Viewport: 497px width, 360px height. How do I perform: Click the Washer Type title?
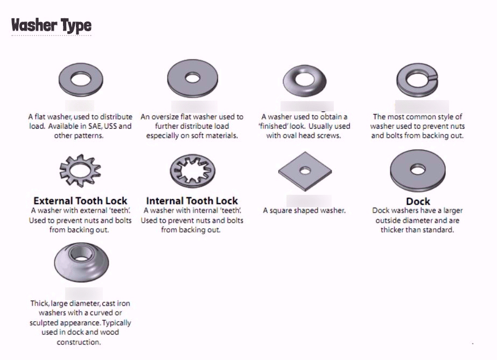tap(51, 25)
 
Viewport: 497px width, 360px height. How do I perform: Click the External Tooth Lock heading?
tap(80, 201)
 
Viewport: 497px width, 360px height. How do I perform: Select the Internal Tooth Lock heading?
tap(192, 201)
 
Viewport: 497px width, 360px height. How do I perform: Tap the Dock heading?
tap(418, 201)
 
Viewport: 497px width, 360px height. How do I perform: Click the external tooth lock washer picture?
tap(80, 170)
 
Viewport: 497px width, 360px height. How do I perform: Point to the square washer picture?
tap(305, 171)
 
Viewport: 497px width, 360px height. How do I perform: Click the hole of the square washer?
tap(305, 171)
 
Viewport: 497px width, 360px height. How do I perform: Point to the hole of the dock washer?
tap(417, 170)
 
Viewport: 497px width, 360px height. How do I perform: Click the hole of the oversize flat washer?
tap(192, 77)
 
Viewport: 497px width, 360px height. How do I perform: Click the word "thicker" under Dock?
tap(394, 230)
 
